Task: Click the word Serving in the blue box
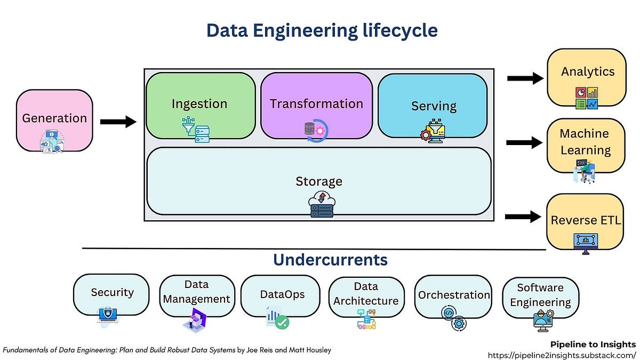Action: (x=434, y=106)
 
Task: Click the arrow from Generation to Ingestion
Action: (x=118, y=122)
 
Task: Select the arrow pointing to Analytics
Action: (x=524, y=79)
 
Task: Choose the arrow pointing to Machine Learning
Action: (x=524, y=142)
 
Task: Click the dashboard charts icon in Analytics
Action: (x=587, y=98)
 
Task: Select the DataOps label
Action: (x=282, y=294)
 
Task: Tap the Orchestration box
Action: (x=453, y=295)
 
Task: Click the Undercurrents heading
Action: (x=330, y=260)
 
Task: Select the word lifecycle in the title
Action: (x=391, y=30)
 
